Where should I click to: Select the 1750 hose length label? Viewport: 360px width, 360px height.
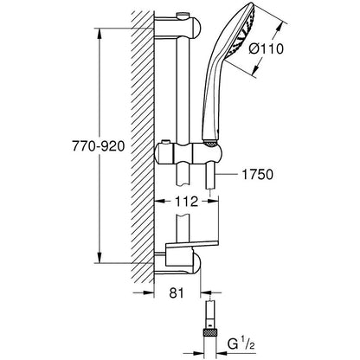(255, 174)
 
